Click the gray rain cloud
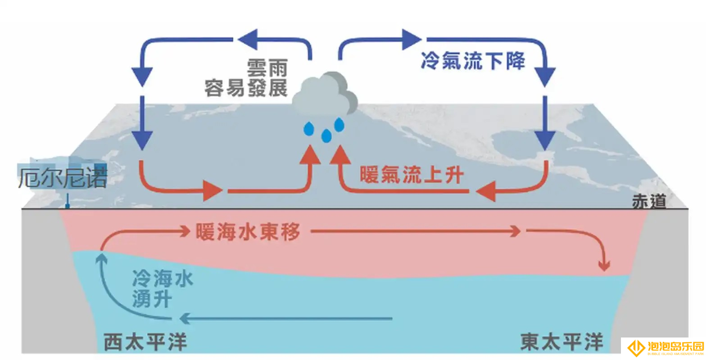(x=325, y=94)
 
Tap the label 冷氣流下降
(x=473, y=61)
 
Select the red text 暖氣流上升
(x=412, y=175)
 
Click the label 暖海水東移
(x=248, y=232)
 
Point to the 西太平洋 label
(x=145, y=342)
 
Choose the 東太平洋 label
(x=562, y=342)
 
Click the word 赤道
(x=649, y=202)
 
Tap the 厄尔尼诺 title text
(x=63, y=178)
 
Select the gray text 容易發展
(x=246, y=88)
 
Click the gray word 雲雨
(x=267, y=67)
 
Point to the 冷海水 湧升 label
(x=163, y=288)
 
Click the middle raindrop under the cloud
(x=326, y=136)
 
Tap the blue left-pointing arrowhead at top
(x=248, y=39)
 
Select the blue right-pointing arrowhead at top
(x=412, y=39)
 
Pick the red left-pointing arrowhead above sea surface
(x=486, y=191)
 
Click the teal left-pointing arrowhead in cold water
(x=185, y=318)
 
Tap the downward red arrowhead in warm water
(x=604, y=266)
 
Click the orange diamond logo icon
(x=636, y=348)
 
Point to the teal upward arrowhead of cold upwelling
(x=101, y=258)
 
